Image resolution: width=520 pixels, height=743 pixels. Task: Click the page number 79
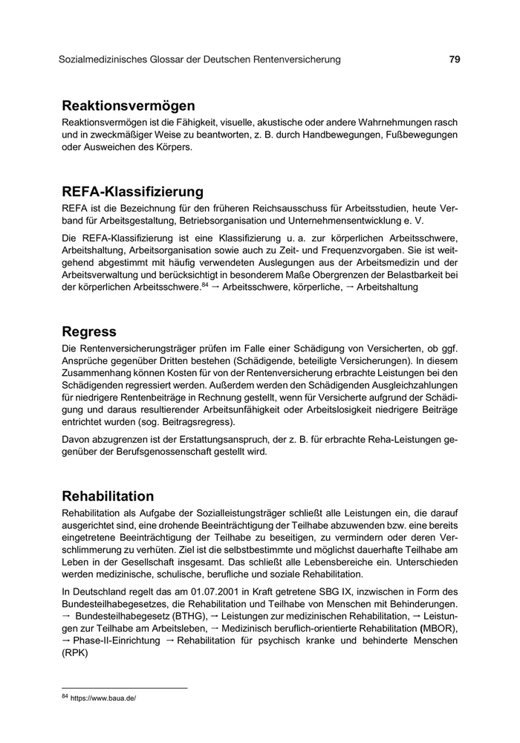coord(455,59)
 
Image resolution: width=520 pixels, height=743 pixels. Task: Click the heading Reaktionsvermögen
coord(129,106)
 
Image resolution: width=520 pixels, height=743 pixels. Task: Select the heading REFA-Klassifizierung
coord(133,192)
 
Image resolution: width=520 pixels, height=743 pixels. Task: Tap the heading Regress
coord(89,331)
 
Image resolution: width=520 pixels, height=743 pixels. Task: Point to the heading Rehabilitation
coord(108,496)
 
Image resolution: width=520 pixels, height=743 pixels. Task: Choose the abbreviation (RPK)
coord(75,655)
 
